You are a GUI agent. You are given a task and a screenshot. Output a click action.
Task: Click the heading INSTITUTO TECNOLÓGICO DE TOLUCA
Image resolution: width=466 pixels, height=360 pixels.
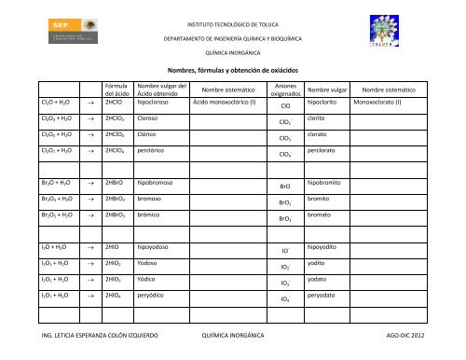(233, 20)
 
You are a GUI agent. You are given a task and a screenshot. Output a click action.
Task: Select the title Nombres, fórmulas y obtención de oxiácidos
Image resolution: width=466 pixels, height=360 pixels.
(233, 69)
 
